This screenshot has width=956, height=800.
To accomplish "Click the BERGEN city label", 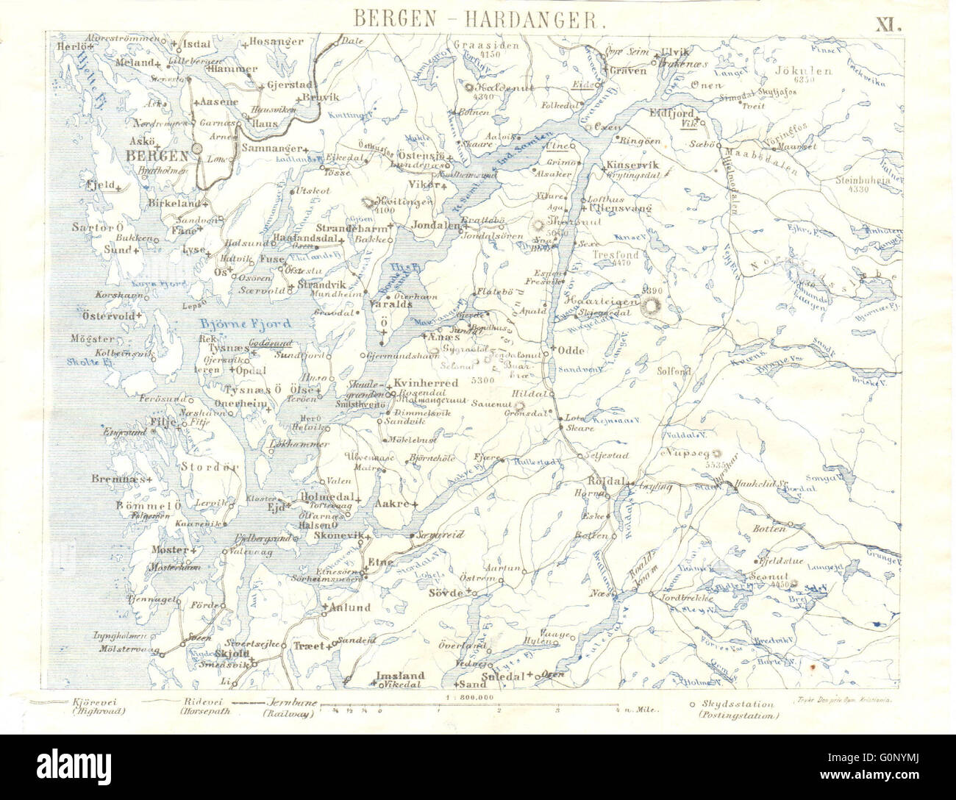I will click(156, 155).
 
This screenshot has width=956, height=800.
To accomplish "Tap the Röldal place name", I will click(604, 481).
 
